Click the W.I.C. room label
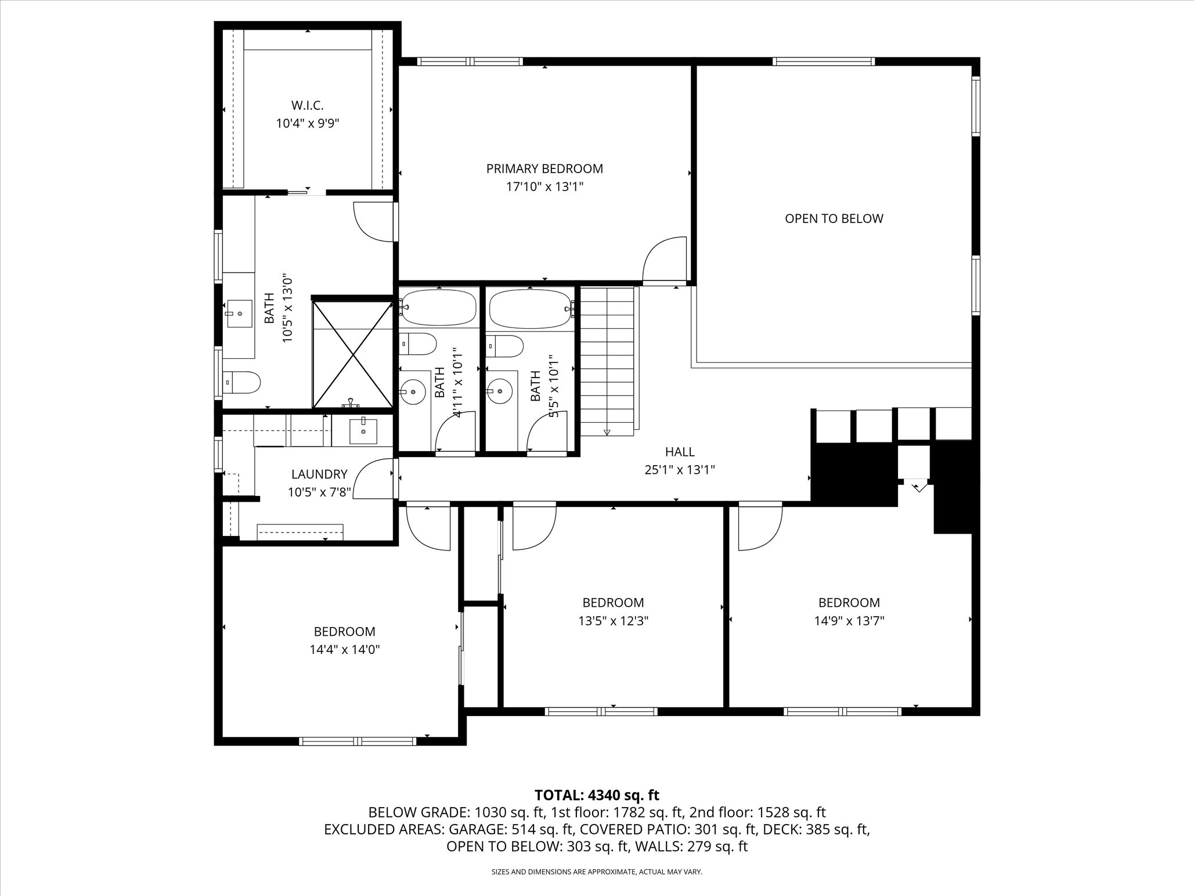pyautogui.click(x=307, y=106)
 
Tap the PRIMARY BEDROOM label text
pyautogui.click(x=544, y=169)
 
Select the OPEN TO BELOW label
pyautogui.click(x=834, y=219)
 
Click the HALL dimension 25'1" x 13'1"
pyautogui.click(x=679, y=470)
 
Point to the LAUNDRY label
pyautogui.click(x=319, y=474)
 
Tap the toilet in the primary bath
pyautogui.click(x=243, y=382)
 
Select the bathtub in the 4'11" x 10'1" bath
pyautogui.click(x=438, y=308)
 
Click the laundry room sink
pyautogui.click(x=363, y=431)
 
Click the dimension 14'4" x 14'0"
pyautogui.click(x=345, y=650)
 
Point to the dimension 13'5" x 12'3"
pyautogui.click(x=613, y=621)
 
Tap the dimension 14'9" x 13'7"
pyautogui.click(x=849, y=621)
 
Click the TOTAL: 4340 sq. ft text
pyautogui.click(x=597, y=795)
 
